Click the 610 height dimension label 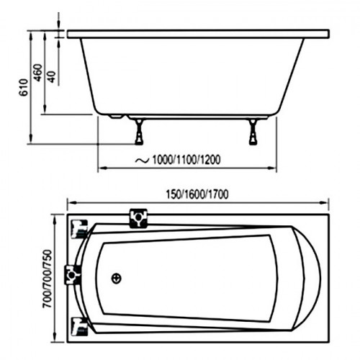24,87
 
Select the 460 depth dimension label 37,73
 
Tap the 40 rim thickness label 51,77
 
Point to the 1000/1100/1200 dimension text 186,160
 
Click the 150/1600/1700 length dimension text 197,194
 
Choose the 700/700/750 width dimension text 47,279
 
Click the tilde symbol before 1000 142,161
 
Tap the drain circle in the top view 117,279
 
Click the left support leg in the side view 139,132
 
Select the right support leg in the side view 253,132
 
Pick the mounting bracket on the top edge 138,218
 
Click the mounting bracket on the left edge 73,275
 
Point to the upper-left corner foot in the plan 80,229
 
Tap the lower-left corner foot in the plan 80,326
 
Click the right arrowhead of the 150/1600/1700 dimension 325,203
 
